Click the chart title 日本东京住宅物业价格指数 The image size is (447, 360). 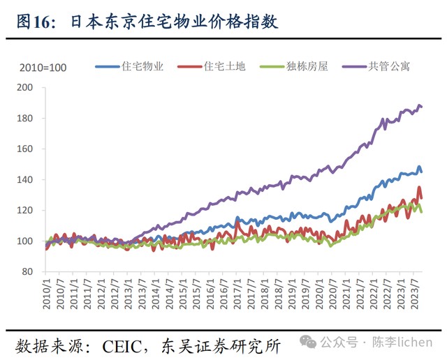(x=175, y=22)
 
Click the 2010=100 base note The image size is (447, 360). (x=43, y=68)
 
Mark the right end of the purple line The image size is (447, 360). (x=421, y=107)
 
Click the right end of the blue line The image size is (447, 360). (x=421, y=172)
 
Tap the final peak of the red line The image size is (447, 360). (x=419, y=187)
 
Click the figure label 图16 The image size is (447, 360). (x=33, y=22)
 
